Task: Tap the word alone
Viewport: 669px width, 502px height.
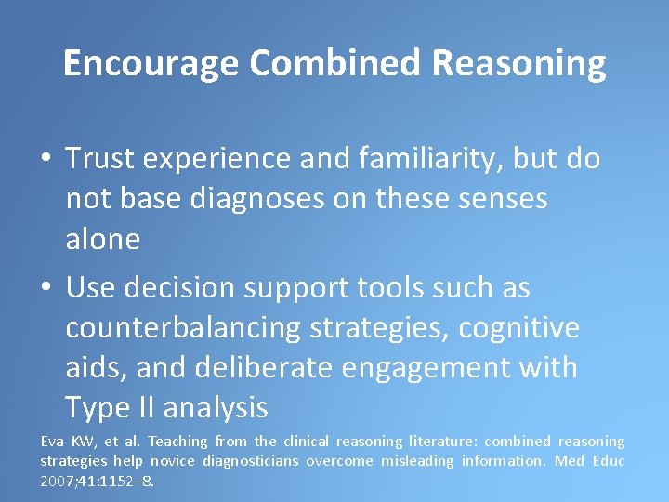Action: tap(102, 239)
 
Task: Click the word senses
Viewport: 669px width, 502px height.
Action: tap(500, 199)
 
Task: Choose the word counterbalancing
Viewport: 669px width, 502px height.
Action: tap(182, 328)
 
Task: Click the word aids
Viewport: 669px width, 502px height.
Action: tap(96, 368)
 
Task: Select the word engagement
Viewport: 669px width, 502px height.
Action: tap(441, 368)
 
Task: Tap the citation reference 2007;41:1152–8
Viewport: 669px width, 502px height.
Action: tap(97, 481)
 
